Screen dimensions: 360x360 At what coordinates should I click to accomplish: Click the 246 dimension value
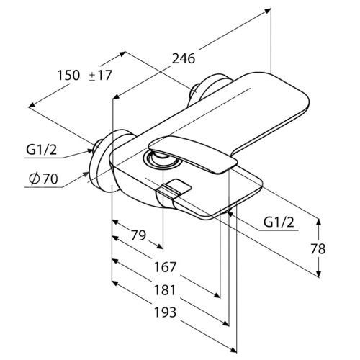tap(184, 58)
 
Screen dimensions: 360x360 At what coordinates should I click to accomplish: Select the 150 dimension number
tap(68, 75)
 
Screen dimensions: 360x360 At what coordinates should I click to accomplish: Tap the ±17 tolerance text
tap(101, 75)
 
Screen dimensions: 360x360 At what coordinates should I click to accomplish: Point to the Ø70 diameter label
tap(43, 179)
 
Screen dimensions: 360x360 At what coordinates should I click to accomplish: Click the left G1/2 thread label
tap(41, 150)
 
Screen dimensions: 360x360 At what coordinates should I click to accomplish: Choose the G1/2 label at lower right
tap(279, 222)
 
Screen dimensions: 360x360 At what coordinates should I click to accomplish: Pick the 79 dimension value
tap(138, 235)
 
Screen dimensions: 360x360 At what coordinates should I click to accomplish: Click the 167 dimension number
tap(165, 267)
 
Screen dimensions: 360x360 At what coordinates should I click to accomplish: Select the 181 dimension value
tap(165, 289)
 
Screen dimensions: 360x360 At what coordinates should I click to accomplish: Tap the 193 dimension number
tap(165, 312)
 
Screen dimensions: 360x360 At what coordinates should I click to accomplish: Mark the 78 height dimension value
tap(318, 248)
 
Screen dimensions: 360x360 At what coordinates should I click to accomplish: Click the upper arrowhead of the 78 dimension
tap(319, 222)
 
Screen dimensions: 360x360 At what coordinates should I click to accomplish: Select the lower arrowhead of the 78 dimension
tap(319, 274)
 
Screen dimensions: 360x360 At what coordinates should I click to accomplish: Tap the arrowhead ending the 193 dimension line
tap(233, 350)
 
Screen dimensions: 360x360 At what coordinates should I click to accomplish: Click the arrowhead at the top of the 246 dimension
tap(267, 10)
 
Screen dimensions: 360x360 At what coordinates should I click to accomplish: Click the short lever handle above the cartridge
tap(193, 153)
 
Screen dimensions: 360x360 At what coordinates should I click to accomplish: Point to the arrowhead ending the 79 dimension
tap(160, 246)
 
